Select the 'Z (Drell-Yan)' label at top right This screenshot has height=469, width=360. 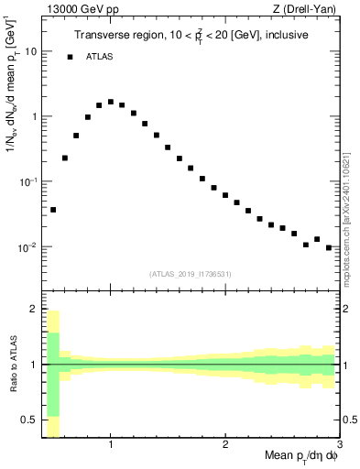(310, 9)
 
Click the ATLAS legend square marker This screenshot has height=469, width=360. (70, 57)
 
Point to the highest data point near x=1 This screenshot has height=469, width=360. (111, 102)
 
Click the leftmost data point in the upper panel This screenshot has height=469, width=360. (53, 210)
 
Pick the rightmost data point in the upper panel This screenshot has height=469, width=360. (329, 247)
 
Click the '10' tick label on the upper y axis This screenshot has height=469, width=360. (30, 51)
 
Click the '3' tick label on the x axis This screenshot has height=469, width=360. (340, 445)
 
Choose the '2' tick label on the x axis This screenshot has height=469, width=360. (225, 445)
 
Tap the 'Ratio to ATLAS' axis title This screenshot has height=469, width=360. (12, 365)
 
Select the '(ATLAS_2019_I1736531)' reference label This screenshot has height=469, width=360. (191, 274)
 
